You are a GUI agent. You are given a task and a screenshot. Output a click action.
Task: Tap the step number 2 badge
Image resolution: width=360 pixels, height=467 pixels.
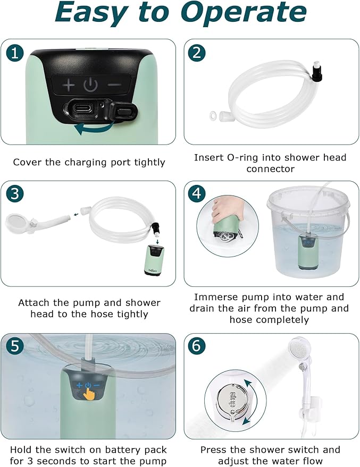pos(197,53)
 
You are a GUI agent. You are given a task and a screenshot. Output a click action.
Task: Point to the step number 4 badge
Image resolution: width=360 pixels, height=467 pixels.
pos(197,194)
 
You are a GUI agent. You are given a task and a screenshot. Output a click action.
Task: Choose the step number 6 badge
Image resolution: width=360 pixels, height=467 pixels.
pos(197,346)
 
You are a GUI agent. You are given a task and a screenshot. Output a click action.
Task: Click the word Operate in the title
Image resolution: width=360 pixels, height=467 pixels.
pos(244,13)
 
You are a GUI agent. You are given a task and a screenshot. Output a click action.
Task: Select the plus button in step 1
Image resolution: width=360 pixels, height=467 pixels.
pos(68,84)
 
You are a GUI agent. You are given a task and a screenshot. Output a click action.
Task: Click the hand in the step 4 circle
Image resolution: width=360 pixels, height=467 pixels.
pos(224,208)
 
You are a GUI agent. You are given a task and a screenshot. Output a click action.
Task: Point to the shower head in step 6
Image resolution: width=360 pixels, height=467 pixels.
pos(299,350)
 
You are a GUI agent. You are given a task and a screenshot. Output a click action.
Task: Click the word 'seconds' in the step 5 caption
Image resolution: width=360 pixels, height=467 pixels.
pos(53,461)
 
